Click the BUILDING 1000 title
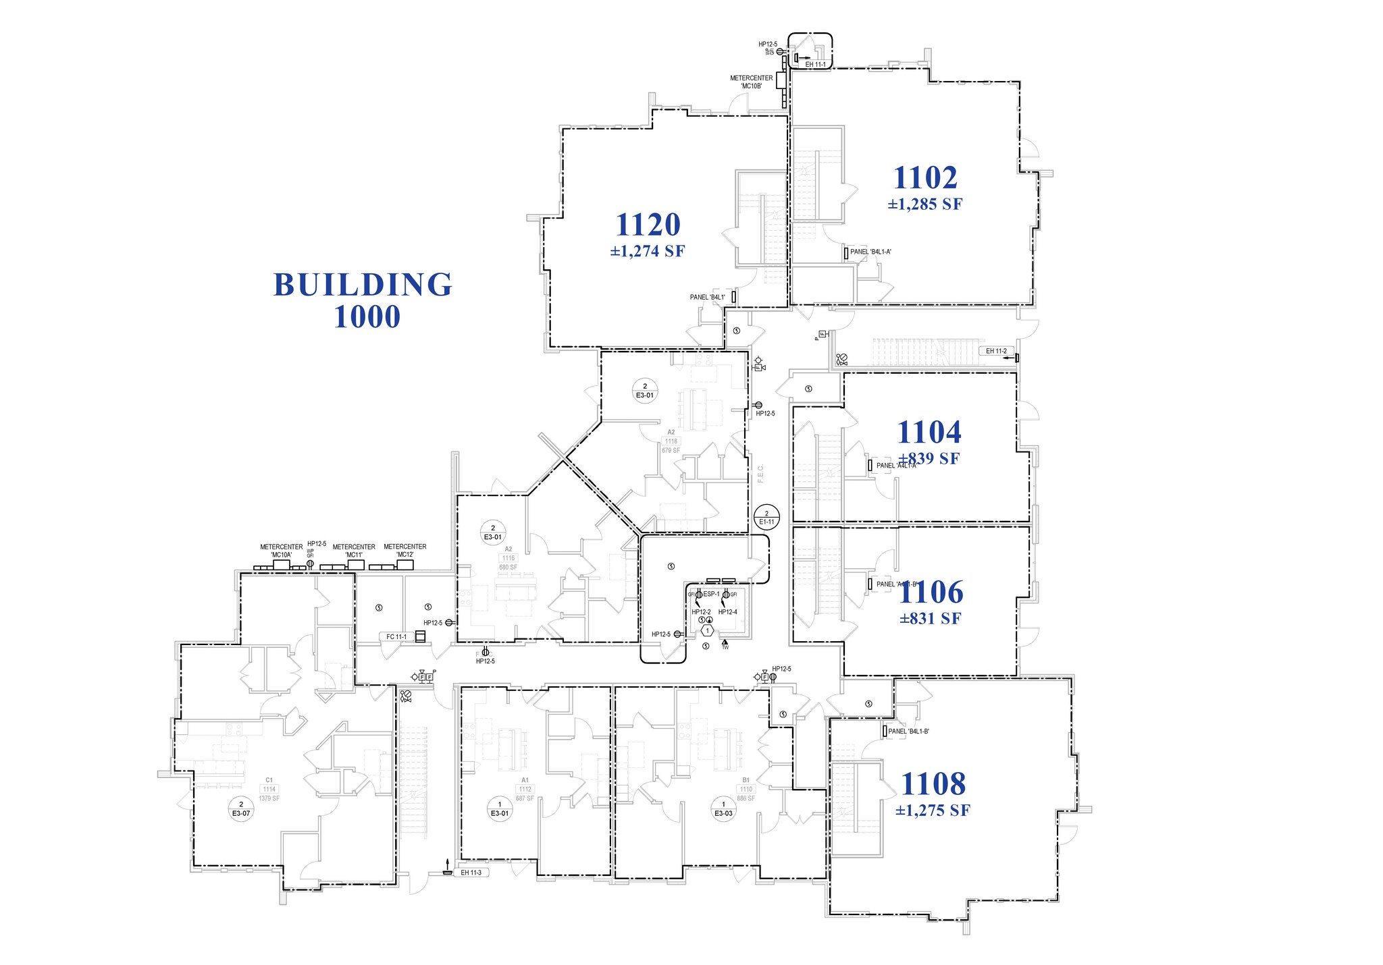(363, 300)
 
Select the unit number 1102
(925, 178)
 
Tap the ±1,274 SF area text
(648, 252)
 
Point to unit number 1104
(929, 433)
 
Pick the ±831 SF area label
(931, 619)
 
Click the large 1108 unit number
(933, 785)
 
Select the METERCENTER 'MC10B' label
(751, 82)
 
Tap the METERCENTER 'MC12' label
(405, 551)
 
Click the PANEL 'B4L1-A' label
(870, 252)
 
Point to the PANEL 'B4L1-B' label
(908, 732)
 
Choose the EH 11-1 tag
(816, 65)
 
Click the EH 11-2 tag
(996, 352)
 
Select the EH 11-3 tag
(471, 873)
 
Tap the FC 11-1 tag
(396, 637)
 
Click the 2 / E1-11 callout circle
(766, 518)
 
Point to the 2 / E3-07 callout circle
(241, 808)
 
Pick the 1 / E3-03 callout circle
(723, 808)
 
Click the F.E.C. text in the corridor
(761, 472)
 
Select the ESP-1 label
(712, 595)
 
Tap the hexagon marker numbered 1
(707, 630)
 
